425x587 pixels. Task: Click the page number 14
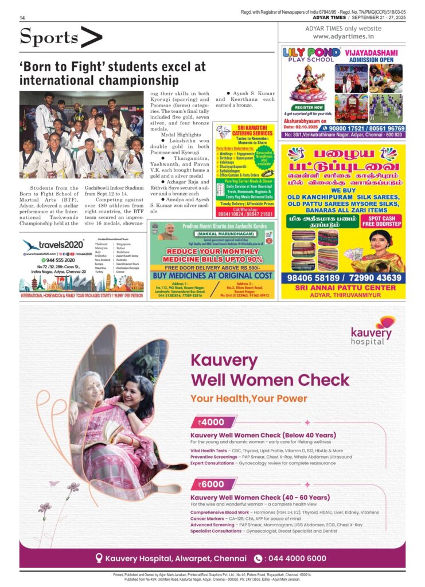(x=22, y=18)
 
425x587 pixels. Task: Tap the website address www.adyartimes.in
(x=347, y=37)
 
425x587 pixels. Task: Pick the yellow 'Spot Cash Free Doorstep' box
(x=381, y=221)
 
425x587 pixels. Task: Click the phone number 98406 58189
(x=314, y=278)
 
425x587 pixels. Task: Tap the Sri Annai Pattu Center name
(x=344, y=288)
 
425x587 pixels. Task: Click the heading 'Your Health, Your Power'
(x=249, y=398)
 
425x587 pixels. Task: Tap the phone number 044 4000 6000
(x=298, y=558)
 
